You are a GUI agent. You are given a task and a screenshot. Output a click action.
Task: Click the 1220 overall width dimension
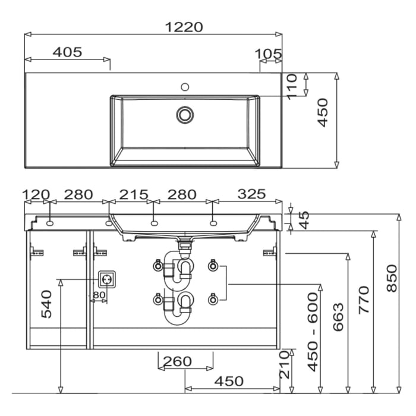click(x=184, y=27)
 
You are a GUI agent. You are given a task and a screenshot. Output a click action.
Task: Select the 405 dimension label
click(x=67, y=52)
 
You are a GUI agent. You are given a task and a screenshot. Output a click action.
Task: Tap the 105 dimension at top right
click(x=268, y=54)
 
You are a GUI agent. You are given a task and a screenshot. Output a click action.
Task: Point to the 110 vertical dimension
click(x=292, y=87)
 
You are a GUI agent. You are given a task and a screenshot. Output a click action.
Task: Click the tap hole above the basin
click(x=185, y=87)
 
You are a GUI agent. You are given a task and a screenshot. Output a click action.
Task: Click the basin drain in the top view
click(x=185, y=115)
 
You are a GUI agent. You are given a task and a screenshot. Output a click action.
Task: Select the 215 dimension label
click(x=134, y=194)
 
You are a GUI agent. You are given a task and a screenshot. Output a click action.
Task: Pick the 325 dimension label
click(x=251, y=194)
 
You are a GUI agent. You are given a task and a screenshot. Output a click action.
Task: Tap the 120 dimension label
click(x=36, y=194)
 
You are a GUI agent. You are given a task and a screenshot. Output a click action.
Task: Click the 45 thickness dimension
click(x=304, y=220)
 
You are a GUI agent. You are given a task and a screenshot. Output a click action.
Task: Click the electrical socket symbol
click(x=107, y=279)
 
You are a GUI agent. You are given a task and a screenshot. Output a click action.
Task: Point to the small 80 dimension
click(x=99, y=295)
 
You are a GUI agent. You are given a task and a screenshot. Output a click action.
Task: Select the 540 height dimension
click(x=46, y=304)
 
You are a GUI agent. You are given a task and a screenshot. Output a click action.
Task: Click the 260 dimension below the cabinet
click(x=177, y=361)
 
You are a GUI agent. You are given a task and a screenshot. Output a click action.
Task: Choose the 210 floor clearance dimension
click(x=285, y=364)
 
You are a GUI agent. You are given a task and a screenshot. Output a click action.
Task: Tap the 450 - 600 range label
click(x=313, y=332)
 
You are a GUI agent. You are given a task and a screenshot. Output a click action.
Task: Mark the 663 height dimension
click(x=338, y=317)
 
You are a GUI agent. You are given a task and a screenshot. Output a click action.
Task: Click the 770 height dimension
click(x=364, y=300)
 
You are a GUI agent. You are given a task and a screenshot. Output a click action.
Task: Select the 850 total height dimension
click(x=392, y=278)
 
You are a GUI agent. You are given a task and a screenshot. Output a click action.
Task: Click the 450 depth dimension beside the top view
click(x=323, y=113)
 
